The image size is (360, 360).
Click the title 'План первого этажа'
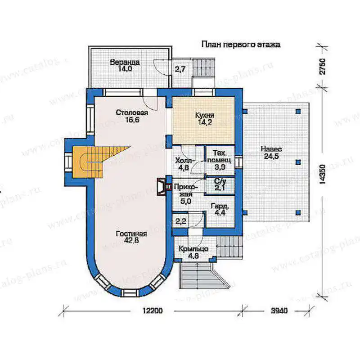(x=241, y=44)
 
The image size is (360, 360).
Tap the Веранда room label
(x=125, y=65)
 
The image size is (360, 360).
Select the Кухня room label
(x=205, y=118)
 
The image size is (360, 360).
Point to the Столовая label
(x=132, y=116)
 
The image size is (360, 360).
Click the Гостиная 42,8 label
(x=131, y=237)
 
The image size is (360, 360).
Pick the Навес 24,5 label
(x=271, y=153)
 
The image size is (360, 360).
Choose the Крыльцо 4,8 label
(x=193, y=252)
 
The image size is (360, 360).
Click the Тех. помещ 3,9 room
(x=220, y=160)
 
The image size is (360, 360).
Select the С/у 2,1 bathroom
(x=220, y=184)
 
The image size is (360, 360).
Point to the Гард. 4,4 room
(x=220, y=209)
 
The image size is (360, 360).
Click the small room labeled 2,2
(x=181, y=221)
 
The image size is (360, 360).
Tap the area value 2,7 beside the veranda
(x=180, y=69)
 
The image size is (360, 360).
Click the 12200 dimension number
(x=153, y=310)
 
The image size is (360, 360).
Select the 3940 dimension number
(x=279, y=310)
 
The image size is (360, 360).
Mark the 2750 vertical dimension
(x=322, y=67)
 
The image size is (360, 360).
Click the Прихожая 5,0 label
(x=185, y=194)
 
